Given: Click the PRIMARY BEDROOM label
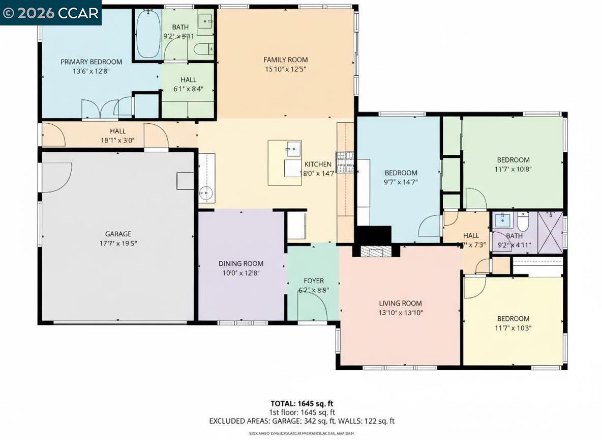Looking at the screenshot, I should pos(91,62).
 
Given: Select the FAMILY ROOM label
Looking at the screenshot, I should pos(285,60).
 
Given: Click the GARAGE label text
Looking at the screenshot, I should pos(118,234).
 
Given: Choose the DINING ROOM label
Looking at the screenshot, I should pos(240,263).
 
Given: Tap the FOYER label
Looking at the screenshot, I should pos(313,281).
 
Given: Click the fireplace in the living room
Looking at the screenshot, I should pos(374,251).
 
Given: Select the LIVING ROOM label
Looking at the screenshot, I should pos(400,303).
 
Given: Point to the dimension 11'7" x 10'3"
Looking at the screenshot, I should pos(513,328).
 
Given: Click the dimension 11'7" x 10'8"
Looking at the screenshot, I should pos(513,169).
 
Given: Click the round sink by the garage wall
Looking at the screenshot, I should pos(206,193).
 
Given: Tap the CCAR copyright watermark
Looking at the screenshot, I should pos(51,13).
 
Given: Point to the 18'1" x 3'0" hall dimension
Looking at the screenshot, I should pos(117,141).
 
